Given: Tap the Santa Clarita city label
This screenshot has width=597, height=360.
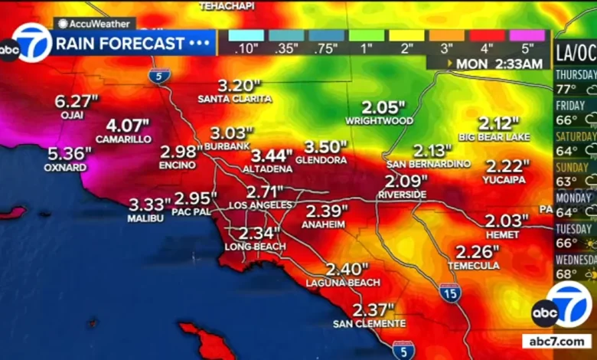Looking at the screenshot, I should click(x=234, y=99).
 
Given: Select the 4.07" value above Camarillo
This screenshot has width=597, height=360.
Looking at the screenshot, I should click(x=128, y=125).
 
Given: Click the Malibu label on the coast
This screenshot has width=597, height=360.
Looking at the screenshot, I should click(x=145, y=218).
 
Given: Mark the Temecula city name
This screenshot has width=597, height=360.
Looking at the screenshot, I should click(x=478, y=266).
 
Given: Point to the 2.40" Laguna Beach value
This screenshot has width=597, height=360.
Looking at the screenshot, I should click(x=347, y=270).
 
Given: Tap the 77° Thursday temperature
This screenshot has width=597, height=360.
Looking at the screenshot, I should click(x=567, y=90).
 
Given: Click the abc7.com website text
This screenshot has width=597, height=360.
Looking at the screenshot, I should click(x=557, y=341).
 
